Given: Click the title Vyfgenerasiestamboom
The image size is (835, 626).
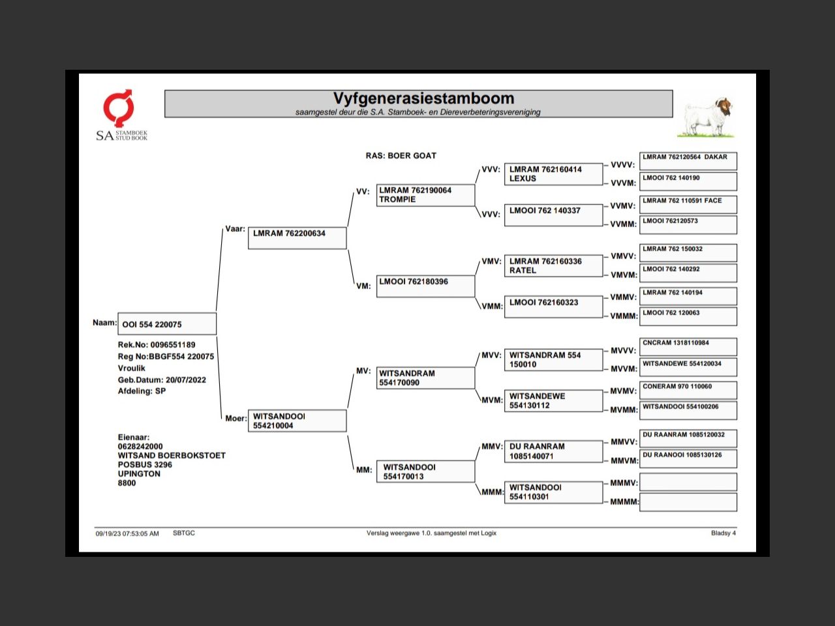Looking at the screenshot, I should (x=423, y=98).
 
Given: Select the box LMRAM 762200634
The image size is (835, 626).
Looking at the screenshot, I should (x=297, y=238).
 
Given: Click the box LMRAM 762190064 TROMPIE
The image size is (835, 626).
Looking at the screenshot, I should (x=425, y=195).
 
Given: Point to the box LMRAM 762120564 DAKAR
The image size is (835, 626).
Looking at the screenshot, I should (x=688, y=161).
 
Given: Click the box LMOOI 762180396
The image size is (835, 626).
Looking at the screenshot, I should (x=425, y=286).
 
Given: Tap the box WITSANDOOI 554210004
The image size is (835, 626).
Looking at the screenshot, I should (x=297, y=421).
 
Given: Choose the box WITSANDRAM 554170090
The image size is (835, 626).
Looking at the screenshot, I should (x=425, y=378).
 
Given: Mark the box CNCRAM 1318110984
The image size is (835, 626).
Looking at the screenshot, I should (x=688, y=347).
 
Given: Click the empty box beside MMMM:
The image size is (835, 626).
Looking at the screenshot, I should (x=688, y=502).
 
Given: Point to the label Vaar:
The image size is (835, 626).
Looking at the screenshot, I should (x=235, y=229).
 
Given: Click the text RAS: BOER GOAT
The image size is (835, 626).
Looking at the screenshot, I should (x=401, y=156).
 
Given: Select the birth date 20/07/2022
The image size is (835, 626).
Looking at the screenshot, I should (x=186, y=380).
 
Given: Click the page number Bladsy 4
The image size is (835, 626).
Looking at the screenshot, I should (x=723, y=533).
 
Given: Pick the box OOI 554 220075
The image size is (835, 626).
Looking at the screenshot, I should (x=167, y=324).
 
